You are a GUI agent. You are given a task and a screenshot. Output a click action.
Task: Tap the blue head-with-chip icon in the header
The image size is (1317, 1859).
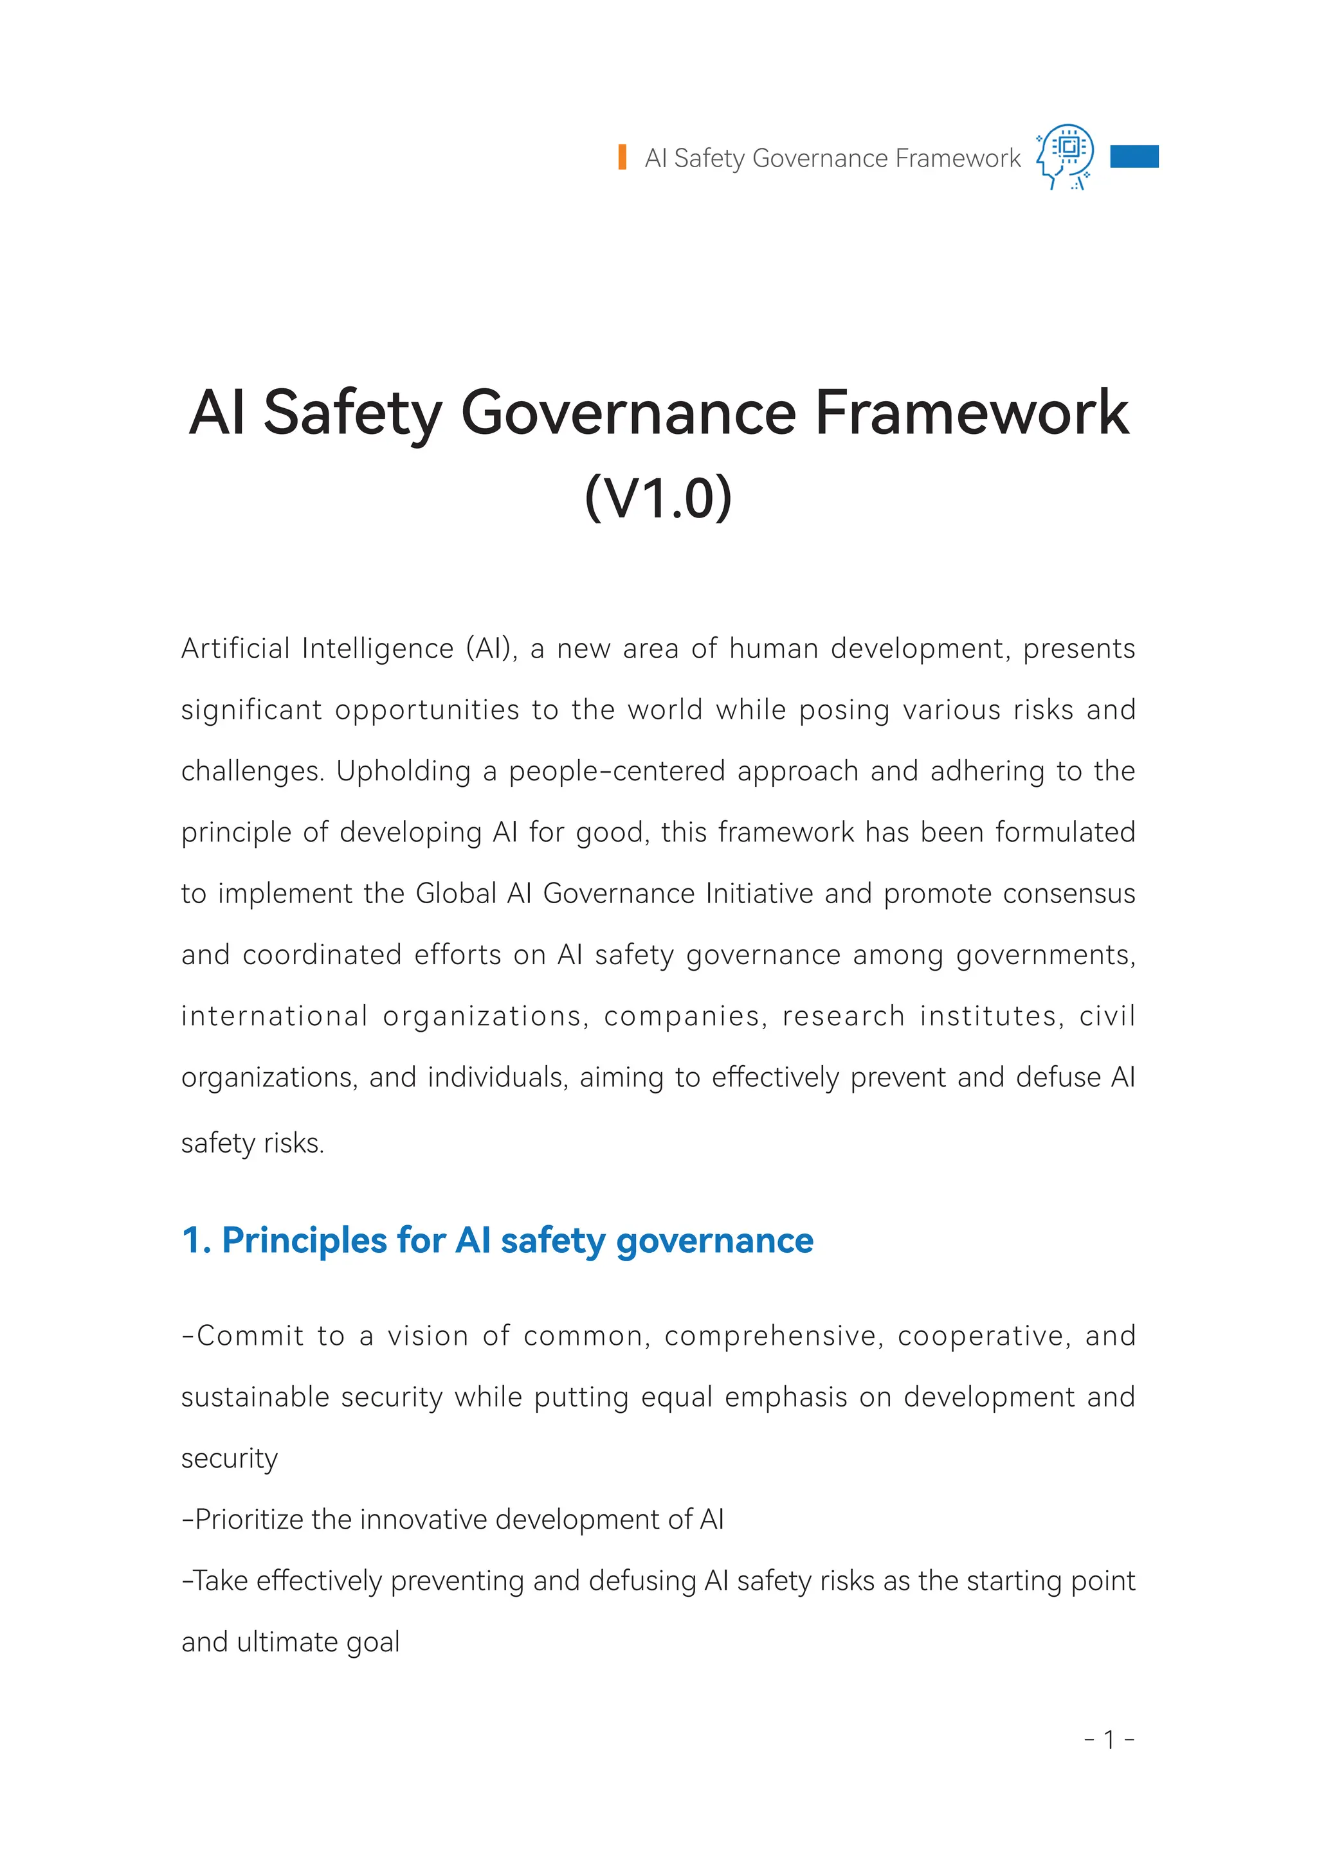tap(1066, 156)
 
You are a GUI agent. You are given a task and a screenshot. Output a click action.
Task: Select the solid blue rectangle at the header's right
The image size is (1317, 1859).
tap(1134, 156)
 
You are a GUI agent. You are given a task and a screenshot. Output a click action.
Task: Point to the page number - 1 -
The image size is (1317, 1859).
tap(1109, 1739)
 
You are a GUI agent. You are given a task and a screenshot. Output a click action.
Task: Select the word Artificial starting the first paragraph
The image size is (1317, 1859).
tap(235, 649)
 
